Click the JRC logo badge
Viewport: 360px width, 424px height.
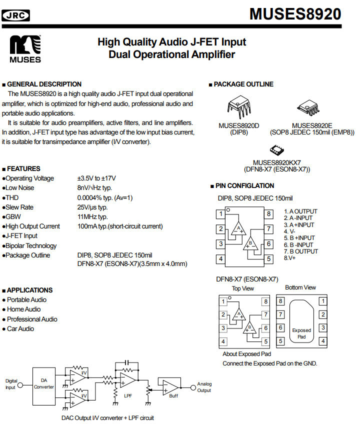point(16,16)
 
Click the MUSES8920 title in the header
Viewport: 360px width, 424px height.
point(295,13)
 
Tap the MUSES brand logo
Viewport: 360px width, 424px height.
point(25,48)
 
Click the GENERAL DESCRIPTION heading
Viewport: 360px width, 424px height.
point(43,84)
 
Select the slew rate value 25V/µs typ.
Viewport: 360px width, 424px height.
point(92,207)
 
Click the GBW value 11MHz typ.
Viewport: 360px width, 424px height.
point(92,216)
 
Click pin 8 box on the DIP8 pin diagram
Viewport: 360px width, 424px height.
point(269,214)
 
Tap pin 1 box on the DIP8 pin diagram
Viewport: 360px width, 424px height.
point(220,214)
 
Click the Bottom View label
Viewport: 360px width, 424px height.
point(300,287)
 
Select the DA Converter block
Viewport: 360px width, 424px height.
point(44,383)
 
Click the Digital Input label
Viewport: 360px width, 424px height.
point(10,384)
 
